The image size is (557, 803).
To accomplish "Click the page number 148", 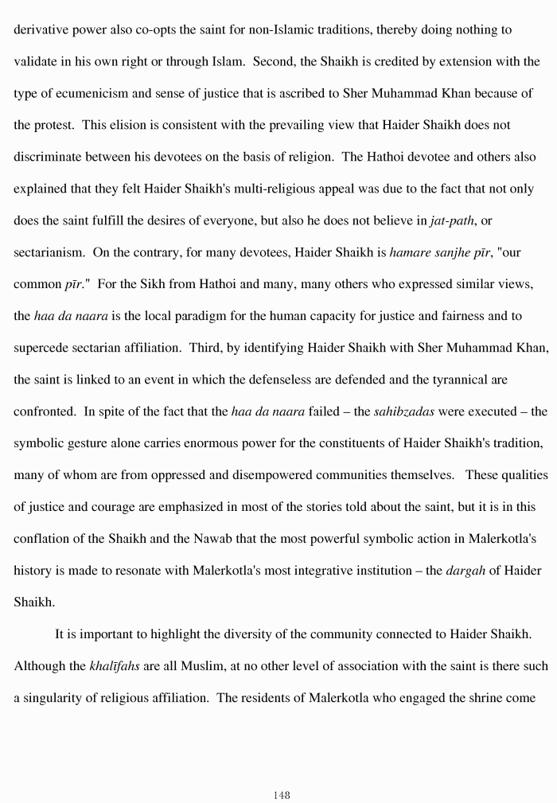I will pyautogui.click(x=280, y=795).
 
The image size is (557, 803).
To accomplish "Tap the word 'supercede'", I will pyautogui.click(x=41, y=349).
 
